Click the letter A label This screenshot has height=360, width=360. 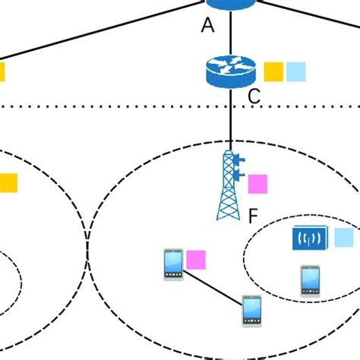point(208,26)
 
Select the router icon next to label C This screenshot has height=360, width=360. point(231,72)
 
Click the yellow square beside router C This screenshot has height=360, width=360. point(273,72)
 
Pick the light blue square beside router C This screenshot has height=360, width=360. point(295,72)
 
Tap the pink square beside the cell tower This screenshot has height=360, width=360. point(258,185)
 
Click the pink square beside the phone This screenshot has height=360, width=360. point(197,260)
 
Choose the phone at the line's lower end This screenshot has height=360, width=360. point(251,311)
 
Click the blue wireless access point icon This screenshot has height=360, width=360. point(309,238)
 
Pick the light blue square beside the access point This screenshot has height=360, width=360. point(343,238)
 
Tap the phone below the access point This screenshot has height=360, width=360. point(309,279)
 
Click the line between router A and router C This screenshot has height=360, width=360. point(231,33)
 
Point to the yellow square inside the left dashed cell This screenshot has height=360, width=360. point(7,183)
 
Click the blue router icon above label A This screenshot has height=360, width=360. point(231,3)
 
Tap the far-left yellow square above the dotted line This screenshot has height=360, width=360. point(2,72)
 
